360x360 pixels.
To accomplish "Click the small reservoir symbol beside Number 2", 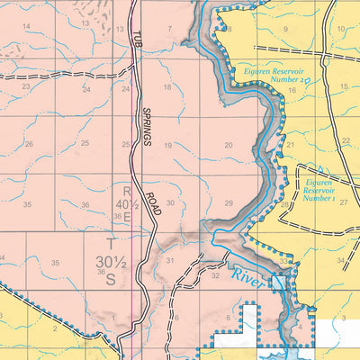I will point(305,80).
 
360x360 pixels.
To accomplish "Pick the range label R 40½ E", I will point(127,202).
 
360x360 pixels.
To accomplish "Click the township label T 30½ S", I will point(111,261).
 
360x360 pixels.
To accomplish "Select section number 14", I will point(26,26).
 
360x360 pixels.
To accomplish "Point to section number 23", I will point(26,86).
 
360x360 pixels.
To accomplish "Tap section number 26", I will point(29,144).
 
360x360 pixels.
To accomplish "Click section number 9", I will point(285,29).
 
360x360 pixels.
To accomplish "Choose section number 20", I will point(229,145).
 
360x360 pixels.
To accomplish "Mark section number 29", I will point(229,203).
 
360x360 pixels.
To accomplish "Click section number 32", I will point(215,276).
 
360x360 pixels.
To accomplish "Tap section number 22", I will point(346,141).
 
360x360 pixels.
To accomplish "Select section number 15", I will point(343,86).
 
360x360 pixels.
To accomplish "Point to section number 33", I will point(284,260).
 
